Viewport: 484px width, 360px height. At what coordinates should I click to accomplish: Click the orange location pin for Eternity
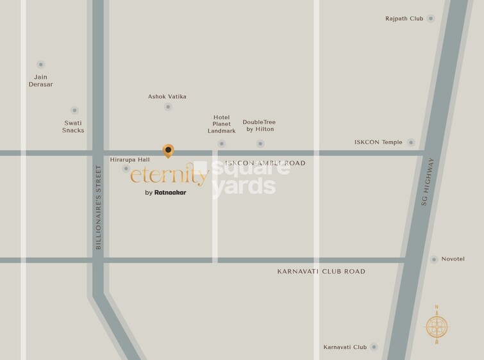pos(168,151)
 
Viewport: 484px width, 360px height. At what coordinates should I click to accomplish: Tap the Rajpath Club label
pos(404,19)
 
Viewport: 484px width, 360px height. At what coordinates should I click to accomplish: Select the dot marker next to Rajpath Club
pos(431,19)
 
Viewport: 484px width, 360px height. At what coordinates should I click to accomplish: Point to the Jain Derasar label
pos(40,81)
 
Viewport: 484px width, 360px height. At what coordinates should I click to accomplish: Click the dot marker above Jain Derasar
pos(41,64)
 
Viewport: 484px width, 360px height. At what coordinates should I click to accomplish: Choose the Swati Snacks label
pos(73,126)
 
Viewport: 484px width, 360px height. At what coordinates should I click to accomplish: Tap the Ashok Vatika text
pos(167,97)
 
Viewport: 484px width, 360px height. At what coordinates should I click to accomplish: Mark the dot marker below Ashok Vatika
pos(168,107)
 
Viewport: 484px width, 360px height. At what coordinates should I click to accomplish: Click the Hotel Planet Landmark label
pos(222,124)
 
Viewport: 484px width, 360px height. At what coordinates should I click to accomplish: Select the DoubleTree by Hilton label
pos(259,126)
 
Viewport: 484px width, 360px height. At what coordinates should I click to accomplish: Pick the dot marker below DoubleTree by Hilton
pos(260,143)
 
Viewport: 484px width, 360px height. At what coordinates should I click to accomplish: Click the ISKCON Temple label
pos(378,142)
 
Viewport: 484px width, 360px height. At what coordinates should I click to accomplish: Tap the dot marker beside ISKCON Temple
pos(411,142)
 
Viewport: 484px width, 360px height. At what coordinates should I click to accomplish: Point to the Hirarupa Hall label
pos(129,159)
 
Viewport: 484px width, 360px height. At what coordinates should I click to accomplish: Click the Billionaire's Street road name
pos(99,207)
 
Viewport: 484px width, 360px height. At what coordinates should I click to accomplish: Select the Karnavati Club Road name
pos(321,272)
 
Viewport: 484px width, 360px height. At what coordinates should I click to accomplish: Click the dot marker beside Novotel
pos(434,259)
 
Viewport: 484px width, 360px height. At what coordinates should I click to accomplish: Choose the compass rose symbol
pos(437,325)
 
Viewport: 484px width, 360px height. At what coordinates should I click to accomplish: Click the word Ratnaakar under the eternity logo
pos(171,192)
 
